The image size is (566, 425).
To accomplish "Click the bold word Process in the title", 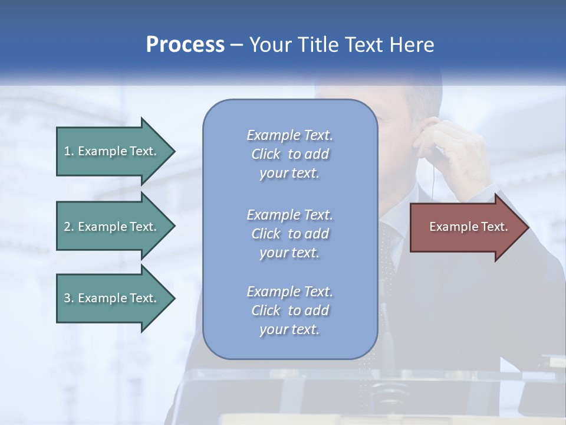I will tap(185, 45).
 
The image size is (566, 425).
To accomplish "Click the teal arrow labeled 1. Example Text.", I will tap(112, 151).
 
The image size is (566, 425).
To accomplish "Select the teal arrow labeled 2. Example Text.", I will tap(112, 227).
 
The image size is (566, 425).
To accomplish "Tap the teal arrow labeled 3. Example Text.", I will tap(112, 298).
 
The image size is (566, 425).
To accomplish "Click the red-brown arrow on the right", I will tap(466, 227).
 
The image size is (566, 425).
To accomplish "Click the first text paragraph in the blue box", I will tap(289, 154).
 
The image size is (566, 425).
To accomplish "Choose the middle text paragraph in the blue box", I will tap(289, 234).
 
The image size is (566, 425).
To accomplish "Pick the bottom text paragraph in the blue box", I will tap(289, 310).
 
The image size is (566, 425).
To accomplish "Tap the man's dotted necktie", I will tap(388, 254).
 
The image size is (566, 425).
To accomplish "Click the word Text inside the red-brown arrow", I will tap(494, 227).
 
